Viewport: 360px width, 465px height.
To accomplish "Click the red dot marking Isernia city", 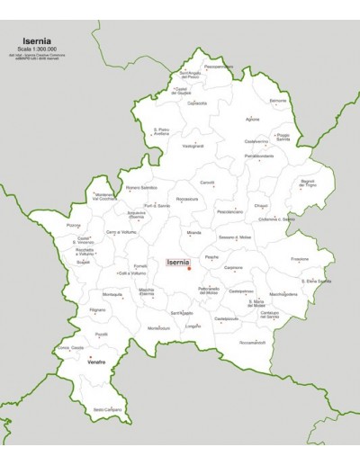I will (x=189, y=267).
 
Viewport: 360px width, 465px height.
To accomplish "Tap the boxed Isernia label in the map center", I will (x=180, y=262).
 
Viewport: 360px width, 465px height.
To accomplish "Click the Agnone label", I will (x=252, y=119).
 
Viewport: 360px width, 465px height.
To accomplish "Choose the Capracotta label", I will (x=197, y=103).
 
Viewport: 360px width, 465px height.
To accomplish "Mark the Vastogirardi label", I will (x=193, y=146).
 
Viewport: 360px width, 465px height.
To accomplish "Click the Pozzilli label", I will (x=103, y=334).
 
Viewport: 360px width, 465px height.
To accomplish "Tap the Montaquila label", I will (x=112, y=294).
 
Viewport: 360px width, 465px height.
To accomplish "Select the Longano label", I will (x=193, y=326).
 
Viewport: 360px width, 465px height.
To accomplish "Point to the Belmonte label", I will (x=278, y=101).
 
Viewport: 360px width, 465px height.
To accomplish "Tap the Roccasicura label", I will (x=187, y=198).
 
